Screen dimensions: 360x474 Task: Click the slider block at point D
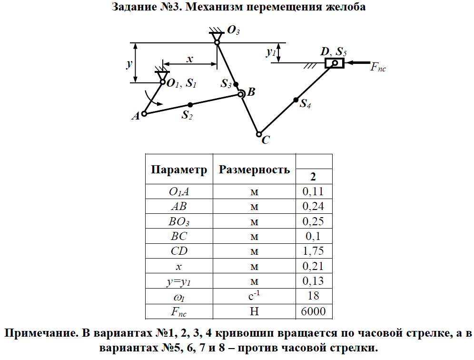(x=335, y=62)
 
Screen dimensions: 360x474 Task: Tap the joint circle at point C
(x=259, y=134)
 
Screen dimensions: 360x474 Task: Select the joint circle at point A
(x=144, y=113)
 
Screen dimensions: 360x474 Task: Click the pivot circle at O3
(x=217, y=43)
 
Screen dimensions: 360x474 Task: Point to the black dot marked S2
(x=190, y=104)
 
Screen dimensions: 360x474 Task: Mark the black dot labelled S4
(x=296, y=100)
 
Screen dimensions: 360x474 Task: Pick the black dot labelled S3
(x=236, y=84)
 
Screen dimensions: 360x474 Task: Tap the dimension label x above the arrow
(x=190, y=59)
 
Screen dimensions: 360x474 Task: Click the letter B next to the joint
(x=251, y=92)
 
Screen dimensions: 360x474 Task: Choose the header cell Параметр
(x=179, y=170)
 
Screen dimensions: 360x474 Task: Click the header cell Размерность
(x=254, y=170)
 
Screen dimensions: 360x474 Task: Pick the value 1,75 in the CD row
(x=314, y=251)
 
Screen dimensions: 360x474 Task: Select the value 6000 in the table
(x=314, y=311)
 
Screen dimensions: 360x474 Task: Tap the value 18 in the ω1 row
(x=314, y=296)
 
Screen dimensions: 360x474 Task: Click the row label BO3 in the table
(x=179, y=221)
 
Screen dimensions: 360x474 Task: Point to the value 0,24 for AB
(x=314, y=207)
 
